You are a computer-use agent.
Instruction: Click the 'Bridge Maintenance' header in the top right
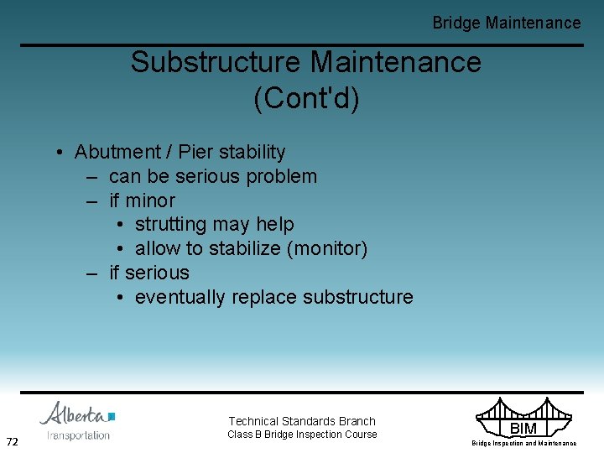pos(506,23)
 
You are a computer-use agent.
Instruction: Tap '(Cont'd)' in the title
pos(306,98)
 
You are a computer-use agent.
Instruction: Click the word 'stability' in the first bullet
pos(252,153)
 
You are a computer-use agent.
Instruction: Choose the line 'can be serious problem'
pos(213,177)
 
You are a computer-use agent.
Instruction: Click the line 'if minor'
pos(142,201)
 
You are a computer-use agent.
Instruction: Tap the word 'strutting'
pos(170,225)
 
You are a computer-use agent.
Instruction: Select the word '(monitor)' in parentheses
pos(326,249)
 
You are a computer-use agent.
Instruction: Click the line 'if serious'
pos(149,273)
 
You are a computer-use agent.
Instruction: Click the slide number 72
pos(13,441)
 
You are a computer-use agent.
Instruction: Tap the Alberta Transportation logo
pos(77,421)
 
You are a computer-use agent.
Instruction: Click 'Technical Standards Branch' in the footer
pos(302,421)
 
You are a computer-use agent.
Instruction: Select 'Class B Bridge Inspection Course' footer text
pos(302,435)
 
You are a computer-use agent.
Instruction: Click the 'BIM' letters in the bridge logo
pos(523,429)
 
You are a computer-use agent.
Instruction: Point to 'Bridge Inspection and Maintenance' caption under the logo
pos(523,443)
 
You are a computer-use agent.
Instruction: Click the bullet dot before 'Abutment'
pos(61,153)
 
